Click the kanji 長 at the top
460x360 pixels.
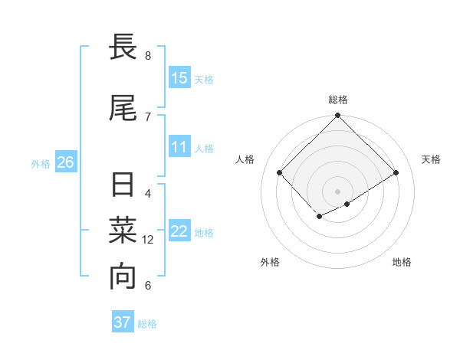123,50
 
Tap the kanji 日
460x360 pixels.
123,186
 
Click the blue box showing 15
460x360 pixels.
179,78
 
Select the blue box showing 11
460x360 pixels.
179,147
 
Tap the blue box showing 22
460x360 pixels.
179,231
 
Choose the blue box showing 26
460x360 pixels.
65,162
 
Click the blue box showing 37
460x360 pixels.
122,322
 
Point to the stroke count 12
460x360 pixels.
149,240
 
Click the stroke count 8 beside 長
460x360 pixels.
148,56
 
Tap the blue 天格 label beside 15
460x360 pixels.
204,80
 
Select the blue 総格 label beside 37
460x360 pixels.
147,324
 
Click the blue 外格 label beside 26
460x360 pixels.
41,164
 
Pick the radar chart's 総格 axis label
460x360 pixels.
338,100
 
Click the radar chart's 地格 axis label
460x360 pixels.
402,262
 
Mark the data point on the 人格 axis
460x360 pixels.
280,172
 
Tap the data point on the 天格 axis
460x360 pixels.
396,172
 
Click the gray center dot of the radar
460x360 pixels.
338,191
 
